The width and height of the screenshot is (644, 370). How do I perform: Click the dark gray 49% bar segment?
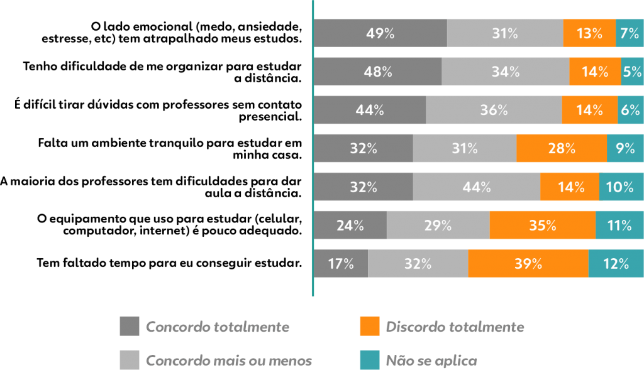[x=380, y=33]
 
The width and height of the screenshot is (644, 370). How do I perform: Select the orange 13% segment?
[x=589, y=33]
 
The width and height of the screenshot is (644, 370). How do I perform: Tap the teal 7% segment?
[x=630, y=33]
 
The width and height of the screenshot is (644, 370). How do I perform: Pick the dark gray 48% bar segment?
[x=378, y=72]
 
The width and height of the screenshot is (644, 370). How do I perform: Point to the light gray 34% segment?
[x=506, y=72]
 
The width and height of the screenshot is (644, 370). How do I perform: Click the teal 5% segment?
[x=632, y=72]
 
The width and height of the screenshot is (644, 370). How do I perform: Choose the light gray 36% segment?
[x=494, y=110]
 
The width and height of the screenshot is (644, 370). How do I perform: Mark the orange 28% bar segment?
[x=562, y=148]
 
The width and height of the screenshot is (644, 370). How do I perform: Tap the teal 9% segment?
[x=625, y=148]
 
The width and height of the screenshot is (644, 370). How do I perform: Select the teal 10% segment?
[x=621, y=187]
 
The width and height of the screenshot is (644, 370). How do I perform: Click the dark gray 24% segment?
[x=350, y=225]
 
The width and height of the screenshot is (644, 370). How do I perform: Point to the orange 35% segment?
[x=542, y=225]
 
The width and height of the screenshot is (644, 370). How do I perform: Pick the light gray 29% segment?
[x=438, y=225]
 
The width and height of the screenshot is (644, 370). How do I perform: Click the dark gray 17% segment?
[x=341, y=263]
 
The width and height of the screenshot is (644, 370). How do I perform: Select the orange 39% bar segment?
[x=528, y=263]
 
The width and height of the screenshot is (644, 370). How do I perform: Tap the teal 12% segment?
[x=616, y=263]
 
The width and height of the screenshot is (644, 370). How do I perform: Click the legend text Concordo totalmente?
[x=218, y=327]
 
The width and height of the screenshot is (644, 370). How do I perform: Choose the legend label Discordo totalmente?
[x=455, y=327]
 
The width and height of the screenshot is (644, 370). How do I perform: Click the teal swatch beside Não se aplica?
[x=370, y=361]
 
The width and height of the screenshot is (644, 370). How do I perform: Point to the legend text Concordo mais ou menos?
[x=229, y=361]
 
